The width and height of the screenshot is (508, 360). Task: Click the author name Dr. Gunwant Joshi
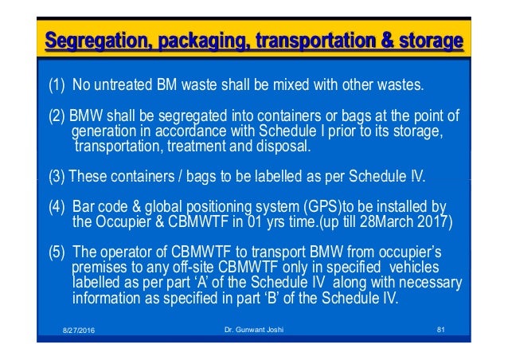coord(253,328)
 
